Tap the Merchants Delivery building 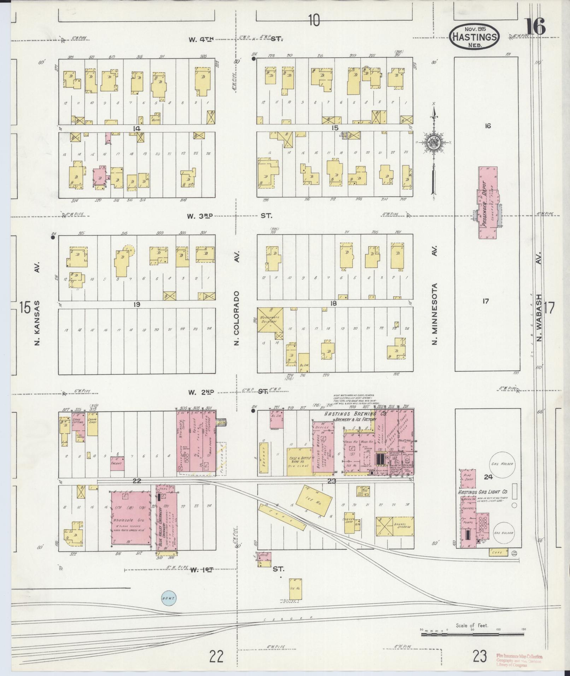270,319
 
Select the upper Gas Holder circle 501,464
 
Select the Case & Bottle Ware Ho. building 299,461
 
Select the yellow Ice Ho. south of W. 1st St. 295,589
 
